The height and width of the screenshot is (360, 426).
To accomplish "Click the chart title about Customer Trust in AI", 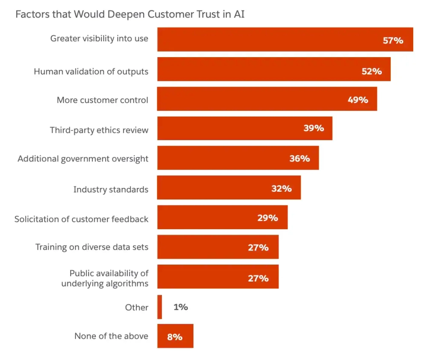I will [x=130, y=14].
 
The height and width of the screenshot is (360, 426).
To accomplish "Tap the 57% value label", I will [x=392, y=40].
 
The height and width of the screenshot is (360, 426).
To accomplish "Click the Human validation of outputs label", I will [x=91, y=71].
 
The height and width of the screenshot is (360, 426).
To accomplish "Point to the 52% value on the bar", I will [x=371, y=71].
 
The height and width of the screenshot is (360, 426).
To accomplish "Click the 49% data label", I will [x=357, y=100].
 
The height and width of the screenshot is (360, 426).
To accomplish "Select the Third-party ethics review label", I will [x=99, y=130].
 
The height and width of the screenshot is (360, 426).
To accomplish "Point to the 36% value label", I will [x=299, y=158].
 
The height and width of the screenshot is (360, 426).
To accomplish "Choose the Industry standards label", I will [x=111, y=189].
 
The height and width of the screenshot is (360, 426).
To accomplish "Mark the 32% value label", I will [x=281, y=188].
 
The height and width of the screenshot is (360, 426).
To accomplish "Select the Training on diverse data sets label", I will [x=92, y=247].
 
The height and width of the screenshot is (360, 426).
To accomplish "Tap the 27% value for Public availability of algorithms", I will [x=258, y=278].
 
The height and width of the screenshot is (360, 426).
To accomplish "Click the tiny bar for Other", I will [x=160, y=307].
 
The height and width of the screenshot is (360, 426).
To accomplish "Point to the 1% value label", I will [x=181, y=307].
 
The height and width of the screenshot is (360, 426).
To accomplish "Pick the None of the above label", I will [x=111, y=336].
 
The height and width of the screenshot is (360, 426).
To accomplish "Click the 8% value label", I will [x=175, y=337].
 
